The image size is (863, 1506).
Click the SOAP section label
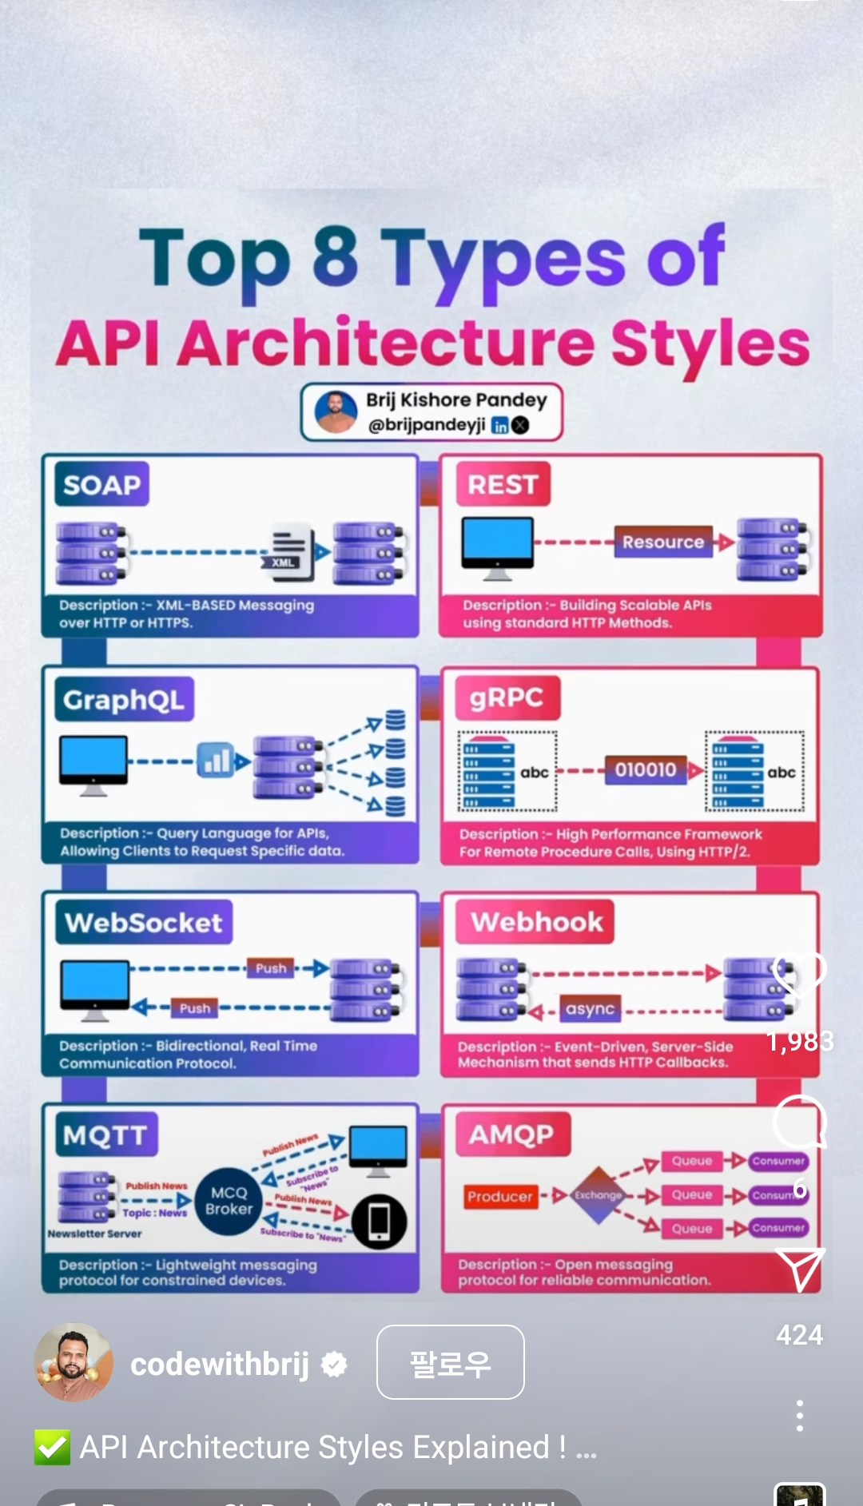pyautogui.click(x=102, y=484)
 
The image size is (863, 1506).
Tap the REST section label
pyautogui.click(x=503, y=484)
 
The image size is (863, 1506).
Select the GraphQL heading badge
pyautogui.click(x=124, y=700)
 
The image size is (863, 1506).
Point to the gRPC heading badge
pyautogui.click(x=507, y=697)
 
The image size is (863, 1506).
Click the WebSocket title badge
pyautogui.click(x=144, y=923)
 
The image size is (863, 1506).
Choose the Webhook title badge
pyautogui.click(x=536, y=922)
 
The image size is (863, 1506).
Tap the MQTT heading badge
pyautogui.click(x=105, y=1134)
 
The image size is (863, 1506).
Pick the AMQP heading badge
pyautogui.click(x=511, y=1134)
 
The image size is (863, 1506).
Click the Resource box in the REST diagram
pyautogui.click(x=662, y=542)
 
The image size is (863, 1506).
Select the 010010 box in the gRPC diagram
pyautogui.click(x=646, y=769)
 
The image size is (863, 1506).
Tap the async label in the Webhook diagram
pyautogui.click(x=590, y=1009)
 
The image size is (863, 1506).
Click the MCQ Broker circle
pyautogui.click(x=229, y=1201)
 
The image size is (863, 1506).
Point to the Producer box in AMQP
pyautogui.click(x=499, y=1196)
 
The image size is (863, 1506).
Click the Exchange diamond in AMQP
pyautogui.click(x=598, y=1195)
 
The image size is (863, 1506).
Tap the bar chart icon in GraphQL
pyautogui.click(x=216, y=760)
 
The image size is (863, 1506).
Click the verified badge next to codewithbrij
pyautogui.click(x=334, y=1365)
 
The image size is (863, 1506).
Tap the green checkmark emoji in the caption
pyautogui.click(x=52, y=1447)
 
